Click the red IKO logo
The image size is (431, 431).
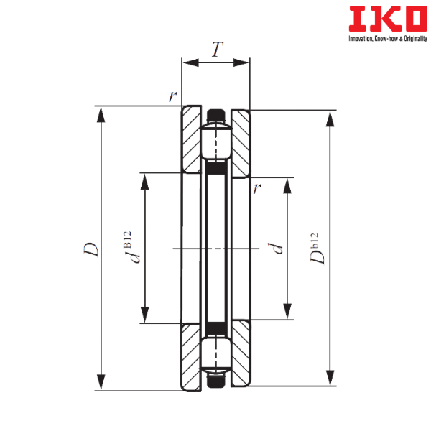[x=388, y=19]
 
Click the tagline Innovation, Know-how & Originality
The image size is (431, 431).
[x=388, y=39]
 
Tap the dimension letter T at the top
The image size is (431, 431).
[x=217, y=49]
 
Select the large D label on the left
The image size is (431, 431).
[x=91, y=249]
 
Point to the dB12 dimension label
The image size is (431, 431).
[x=131, y=247]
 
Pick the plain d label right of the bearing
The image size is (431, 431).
[x=276, y=249]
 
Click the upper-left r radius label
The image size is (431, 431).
[x=172, y=96]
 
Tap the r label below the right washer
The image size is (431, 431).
[x=257, y=188]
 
